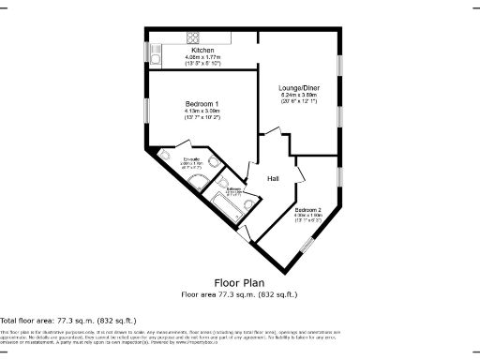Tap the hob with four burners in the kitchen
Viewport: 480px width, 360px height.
[193, 38]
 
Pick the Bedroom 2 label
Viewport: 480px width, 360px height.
[307, 209]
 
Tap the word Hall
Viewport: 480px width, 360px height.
[273, 178]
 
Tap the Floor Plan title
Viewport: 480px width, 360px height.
[239, 281]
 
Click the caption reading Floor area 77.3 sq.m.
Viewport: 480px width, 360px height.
[239, 293]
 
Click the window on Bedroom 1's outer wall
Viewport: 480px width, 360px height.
[146, 106]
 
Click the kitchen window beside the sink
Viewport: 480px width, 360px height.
[146, 51]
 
